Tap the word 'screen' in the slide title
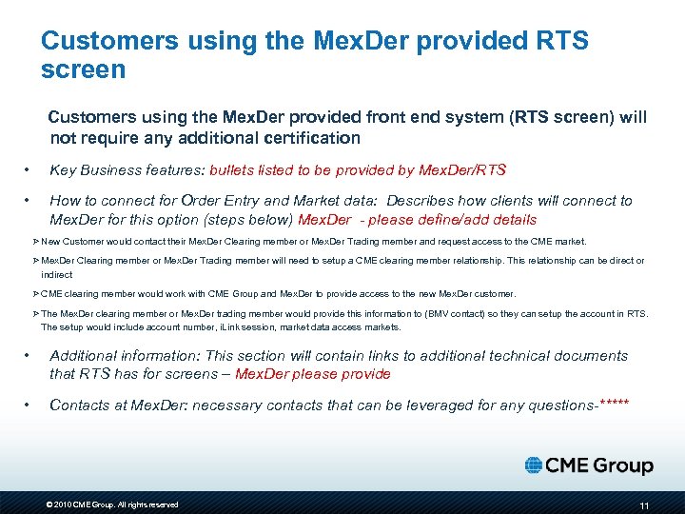pyautogui.click(x=84, y=69)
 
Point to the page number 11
pyautogui.click(x=644, y=504)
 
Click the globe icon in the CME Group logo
pyautogui.click(x=534, y=465)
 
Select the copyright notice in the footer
pyautogui.click(x=112, y=504)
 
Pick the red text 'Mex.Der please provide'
pyautogui.click(x=313, y=374)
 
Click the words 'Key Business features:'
pyautogui.click(x=127, y=170)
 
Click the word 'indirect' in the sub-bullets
pyautogui.click(x=57, y=274)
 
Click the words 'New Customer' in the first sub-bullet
pyautogui.click(x=70, y=242)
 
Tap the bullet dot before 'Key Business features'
pyautogui.click(x=29, y=171)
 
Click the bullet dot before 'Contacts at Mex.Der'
pyautogui.click(x=29, y=405)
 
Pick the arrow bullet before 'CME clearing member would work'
pyautogui.click(x=36, y=293)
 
